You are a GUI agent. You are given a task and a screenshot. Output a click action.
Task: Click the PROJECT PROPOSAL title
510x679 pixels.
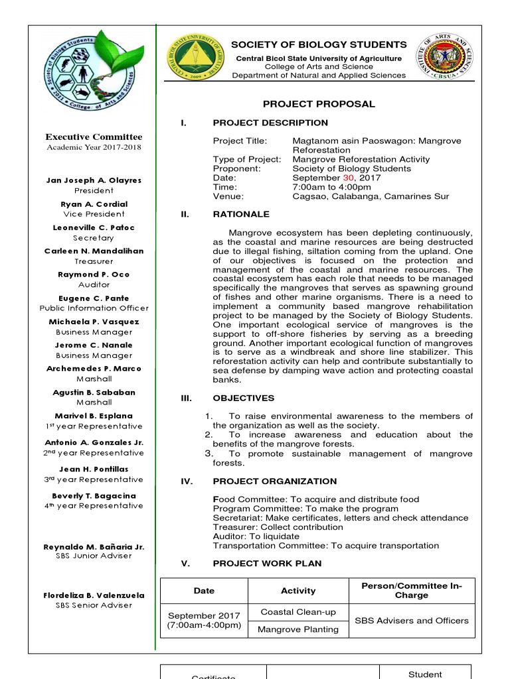[x=319, y=104]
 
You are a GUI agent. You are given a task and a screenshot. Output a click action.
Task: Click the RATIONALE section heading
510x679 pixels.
[x=241, y=214]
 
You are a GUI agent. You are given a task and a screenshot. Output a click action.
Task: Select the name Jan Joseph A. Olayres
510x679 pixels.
[x=94, y=180]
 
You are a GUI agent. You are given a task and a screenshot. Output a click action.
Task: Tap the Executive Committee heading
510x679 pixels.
[x=94, y=137]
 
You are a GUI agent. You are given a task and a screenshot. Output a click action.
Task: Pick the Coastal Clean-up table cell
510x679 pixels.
[x=298, y=612]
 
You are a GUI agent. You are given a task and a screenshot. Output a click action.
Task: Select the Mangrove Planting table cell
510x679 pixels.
[x=298, y=629]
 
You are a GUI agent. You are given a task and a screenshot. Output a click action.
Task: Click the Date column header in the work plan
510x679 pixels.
[x=204, y=590]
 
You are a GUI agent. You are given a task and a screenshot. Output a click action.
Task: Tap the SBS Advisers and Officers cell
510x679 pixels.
[x=412, y=621]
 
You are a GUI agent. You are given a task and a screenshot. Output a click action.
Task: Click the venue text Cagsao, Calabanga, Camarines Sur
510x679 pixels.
[x=371, y=196]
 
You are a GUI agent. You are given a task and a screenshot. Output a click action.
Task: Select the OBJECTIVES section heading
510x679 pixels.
[x=243, y=398]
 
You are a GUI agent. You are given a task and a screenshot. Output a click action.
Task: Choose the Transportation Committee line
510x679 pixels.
[x=325, y=546]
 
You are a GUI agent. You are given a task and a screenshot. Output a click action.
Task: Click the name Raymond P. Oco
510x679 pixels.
[x=94, y=275]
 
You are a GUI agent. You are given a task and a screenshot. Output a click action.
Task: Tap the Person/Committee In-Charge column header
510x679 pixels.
[x=412, y=590]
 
